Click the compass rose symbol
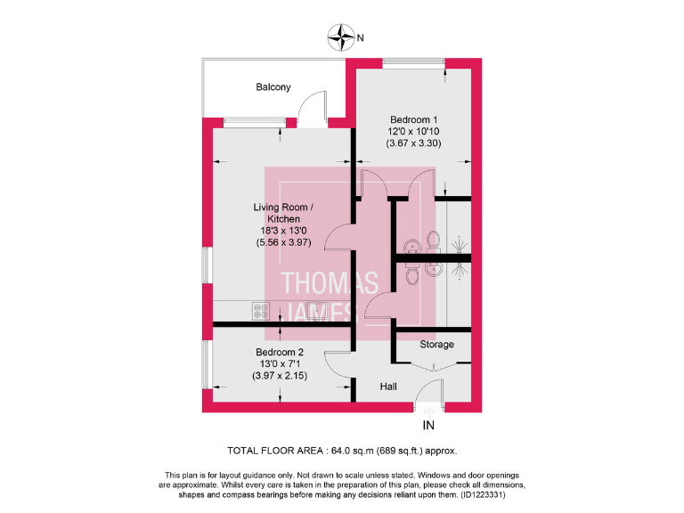(x=341, y=37)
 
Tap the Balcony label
(x=273, y=87)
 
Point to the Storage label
(x=436, y=345)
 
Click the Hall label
(x=388, y=387)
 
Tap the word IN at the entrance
(x=429, y=425)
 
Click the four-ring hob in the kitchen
(x=262, y=311)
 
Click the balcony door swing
(x=312, y=109)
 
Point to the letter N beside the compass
(x=361, y=38)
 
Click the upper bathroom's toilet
(x=433, y=240)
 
